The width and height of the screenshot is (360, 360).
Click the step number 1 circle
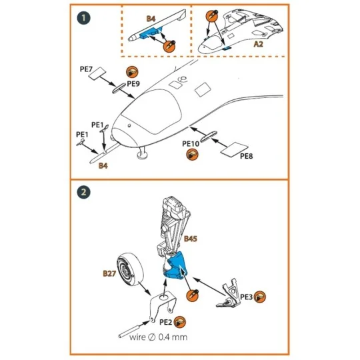[x=83, y=18]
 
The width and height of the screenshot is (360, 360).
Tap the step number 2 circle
[x=83, y=192]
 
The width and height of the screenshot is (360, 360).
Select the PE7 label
[x=86, y=69]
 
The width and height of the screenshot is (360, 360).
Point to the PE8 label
[x=247, y=156]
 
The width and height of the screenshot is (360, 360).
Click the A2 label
[x=258, y=44]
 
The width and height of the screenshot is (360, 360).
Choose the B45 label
[x=191, y=239]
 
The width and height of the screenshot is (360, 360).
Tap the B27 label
[x=109, y=273]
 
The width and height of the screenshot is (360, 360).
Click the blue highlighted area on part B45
[x=176, y=265]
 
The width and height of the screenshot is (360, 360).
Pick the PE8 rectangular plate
[x=234, y=149]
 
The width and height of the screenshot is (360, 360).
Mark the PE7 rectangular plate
[x=97, y=73]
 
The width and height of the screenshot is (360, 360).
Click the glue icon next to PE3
[x=260, y=297]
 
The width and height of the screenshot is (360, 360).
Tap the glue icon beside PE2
[x=179, y=322]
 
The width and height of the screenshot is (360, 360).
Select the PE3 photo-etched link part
[x=229, y=293]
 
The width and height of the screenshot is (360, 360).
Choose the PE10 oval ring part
[x=208, y=137]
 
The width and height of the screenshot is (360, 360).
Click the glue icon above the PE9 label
[x=132, y=72]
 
